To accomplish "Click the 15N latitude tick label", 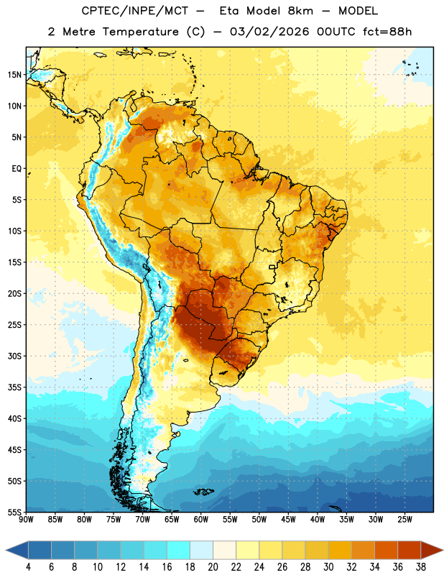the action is click(x=14, y=75).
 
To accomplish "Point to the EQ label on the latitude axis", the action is click(x=17, y=169).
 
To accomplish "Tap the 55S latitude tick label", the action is click(x=14, y=512).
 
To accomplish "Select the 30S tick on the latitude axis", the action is click(x=14, y=356).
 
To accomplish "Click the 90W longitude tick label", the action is click(x=27, y=520).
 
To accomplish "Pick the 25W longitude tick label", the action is click(x=404, y=520).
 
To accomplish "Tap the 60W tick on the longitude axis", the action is click(x=201, y=520).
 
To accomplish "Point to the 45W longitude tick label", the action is click(x=288, y=520).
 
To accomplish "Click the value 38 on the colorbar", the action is click(x=421, y=567).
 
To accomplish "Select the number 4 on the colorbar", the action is click(x=28, y=567).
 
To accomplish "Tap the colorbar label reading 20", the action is click(x=213, y=567).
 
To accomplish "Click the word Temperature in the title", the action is click(x=140, y=32).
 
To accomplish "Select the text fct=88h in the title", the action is click(x=387, y=32).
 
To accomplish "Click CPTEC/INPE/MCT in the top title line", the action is click(x=135, y=11).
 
